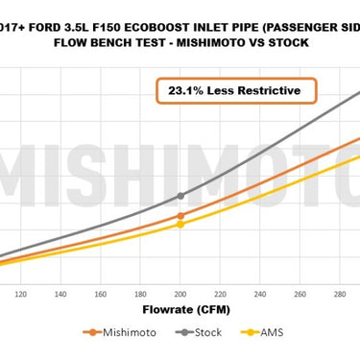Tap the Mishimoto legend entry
[x=120, y=332]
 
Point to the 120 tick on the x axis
[x=19, y=294]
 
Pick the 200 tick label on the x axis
[x=180, y=294]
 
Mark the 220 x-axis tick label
[x=221, y=294]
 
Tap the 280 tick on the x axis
[x=341, y=294]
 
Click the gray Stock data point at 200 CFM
[x=180, y=196]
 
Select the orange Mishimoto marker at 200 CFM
[x=180, y=216]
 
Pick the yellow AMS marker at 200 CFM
[x=180, y=225]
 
